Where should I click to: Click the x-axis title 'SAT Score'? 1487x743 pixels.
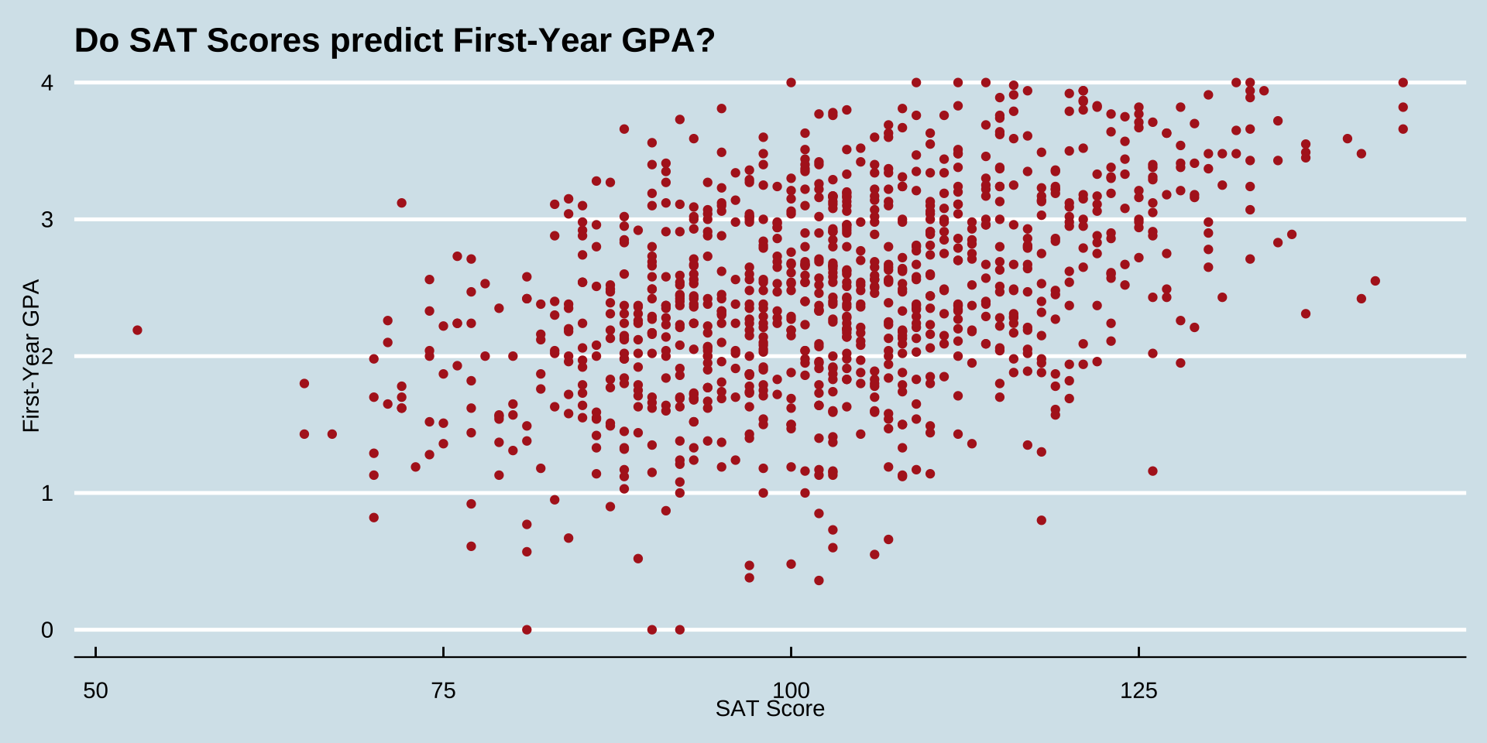770,709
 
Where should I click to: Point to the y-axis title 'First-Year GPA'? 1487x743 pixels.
31,356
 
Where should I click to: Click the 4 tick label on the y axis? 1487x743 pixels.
47,83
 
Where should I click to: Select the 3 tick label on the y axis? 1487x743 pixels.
47,220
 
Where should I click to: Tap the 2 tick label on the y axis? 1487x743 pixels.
47,357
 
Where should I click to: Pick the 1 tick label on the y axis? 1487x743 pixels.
47,494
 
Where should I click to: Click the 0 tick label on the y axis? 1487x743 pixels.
47,631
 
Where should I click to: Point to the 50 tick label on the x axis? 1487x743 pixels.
95,690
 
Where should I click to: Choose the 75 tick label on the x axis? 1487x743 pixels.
443,690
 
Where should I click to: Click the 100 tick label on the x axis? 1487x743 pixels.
791,690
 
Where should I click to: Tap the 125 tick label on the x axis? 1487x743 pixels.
1138,690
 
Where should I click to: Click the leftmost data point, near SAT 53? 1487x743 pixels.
137,330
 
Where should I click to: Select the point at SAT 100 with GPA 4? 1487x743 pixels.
791,83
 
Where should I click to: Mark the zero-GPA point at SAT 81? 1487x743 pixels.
527,630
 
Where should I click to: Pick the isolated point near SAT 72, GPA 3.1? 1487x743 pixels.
401,203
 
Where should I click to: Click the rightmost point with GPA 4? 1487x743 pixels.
1403,83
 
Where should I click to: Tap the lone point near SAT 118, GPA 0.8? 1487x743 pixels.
1041,520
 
